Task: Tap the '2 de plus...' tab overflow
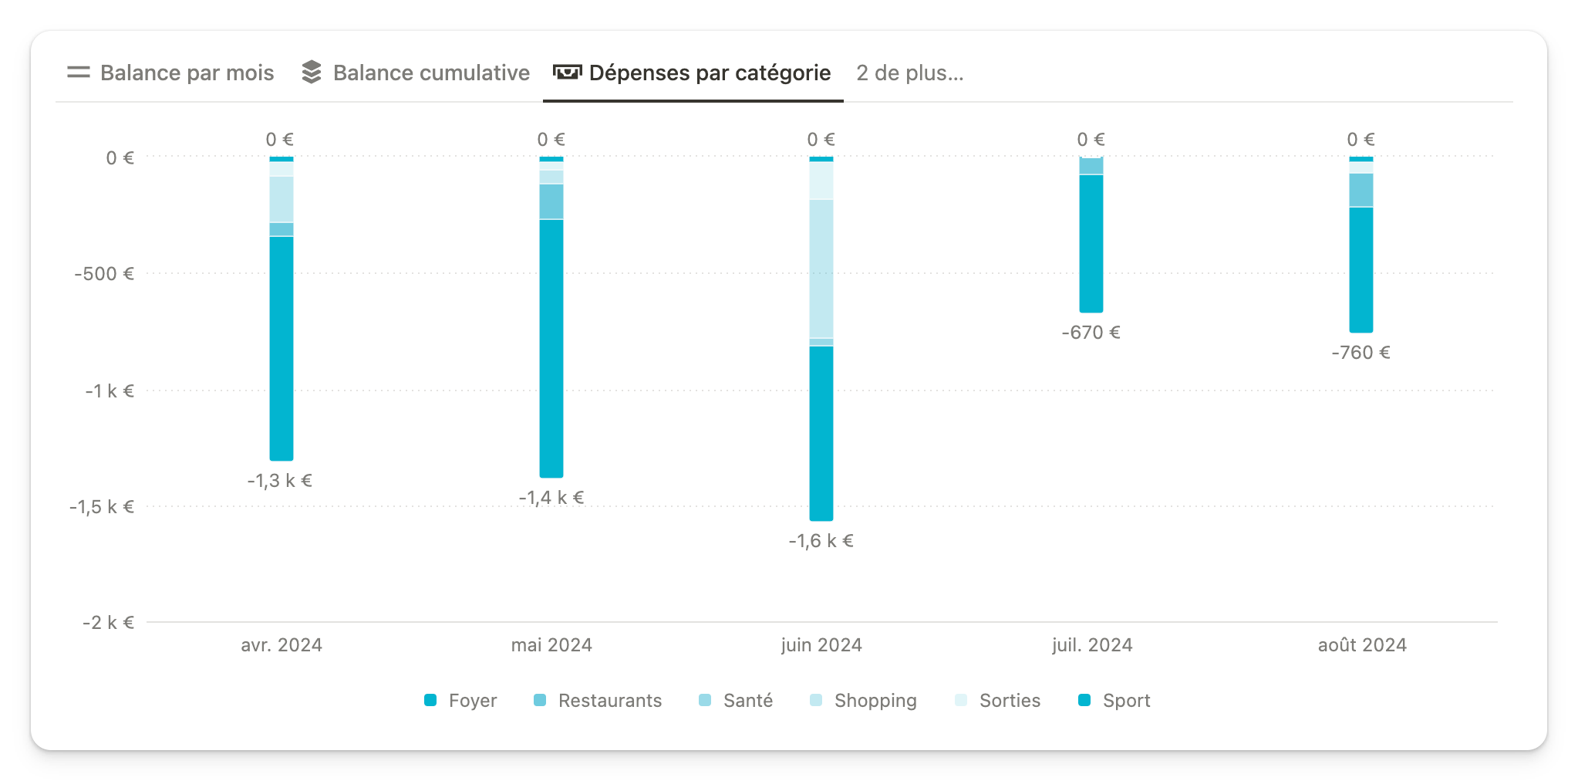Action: click(x=909, y=73)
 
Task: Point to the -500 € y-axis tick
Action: click(x=104, y=274)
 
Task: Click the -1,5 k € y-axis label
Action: click(x=102, y=507)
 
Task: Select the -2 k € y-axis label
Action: click(x=108, y=623)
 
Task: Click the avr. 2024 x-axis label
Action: click(x=282, y=645)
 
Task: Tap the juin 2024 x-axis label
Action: click(x=821, y=645)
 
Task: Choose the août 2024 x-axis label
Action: click(x=1362, y=645)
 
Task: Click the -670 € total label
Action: click(x=1091, y=333)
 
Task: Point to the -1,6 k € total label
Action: click(x=821, y=541)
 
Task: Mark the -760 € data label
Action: click(x=1361, y=353)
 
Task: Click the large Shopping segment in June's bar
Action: click(x=821, y=269)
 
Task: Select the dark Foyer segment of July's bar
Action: click(x=1091, y=243)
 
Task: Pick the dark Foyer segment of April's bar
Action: click(x=282, y=347)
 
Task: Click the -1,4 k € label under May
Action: click(x=551, y=498)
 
